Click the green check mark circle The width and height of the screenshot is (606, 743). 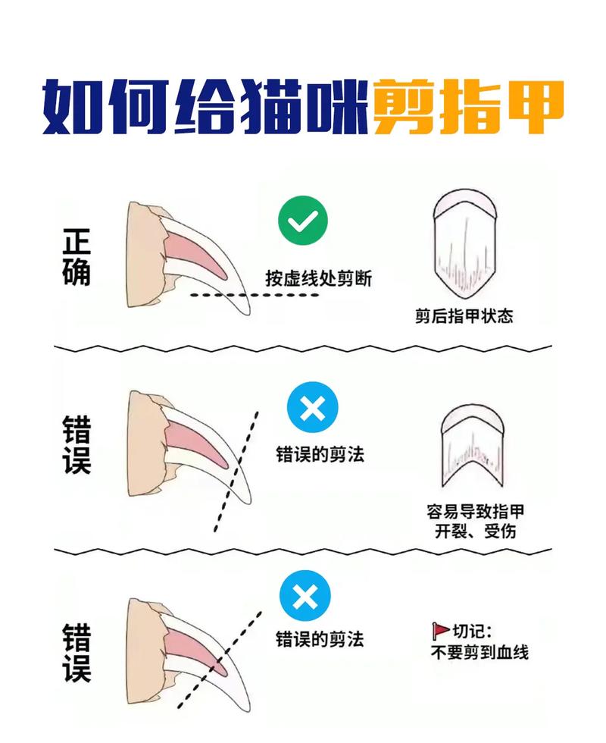303,222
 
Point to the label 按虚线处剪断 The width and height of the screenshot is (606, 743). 319,278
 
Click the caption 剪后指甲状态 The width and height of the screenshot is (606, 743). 464,315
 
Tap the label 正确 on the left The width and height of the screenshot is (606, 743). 77,259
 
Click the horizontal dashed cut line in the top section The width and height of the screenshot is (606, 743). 254,295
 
